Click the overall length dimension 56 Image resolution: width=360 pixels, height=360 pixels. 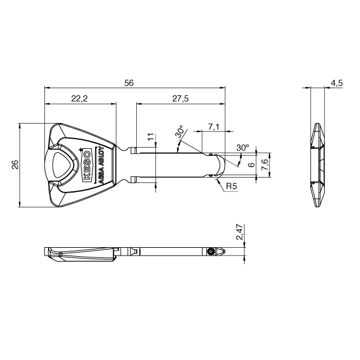coord(128,83)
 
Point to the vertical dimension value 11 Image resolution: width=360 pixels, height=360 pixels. coord(151,138)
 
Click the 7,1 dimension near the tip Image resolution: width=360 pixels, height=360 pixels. coord(213,126)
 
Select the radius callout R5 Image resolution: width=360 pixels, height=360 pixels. coord(232,187)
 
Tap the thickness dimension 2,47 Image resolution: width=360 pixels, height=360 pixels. coord(239,233)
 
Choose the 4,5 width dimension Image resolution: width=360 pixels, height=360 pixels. coord(336,83)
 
